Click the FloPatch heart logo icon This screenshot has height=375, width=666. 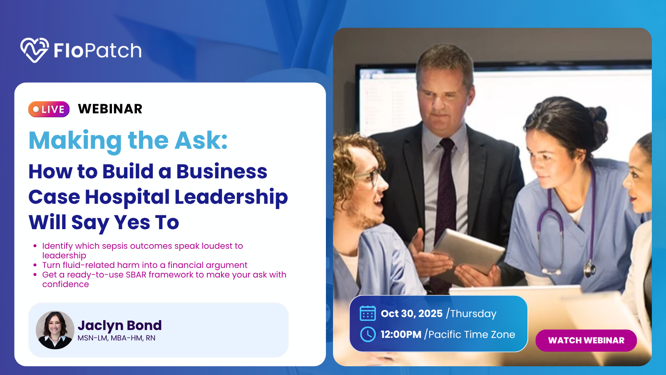pyautogui.click(x=35, y=50)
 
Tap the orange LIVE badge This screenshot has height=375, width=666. pyautogui.click(x=49, y=109)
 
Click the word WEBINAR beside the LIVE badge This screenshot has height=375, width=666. pyautogui.click(x=110, y=109)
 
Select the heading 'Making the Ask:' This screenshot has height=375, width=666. pyautogui.click(x=128, y=141)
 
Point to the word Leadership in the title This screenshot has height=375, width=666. pyautogui.click(x=231, y=197)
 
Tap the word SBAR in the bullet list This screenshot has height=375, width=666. pyautogui.click(x=136, y=275)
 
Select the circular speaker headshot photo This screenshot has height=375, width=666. pyautogui.click(x=55, y=330)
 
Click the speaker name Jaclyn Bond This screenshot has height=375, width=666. pyautogui.click(x=119, y=325)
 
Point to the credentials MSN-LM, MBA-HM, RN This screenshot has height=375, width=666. pyautogui.click(x=116, y=338)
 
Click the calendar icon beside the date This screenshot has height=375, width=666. pyautogui.click(x=368, y=313)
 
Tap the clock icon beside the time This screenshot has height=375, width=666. pyautogui.click(x=368, y=334)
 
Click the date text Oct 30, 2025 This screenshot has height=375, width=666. pyautogui.click(x=412, y=313)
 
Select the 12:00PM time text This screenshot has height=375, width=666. pyautogui.click(x=401, y=334)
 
